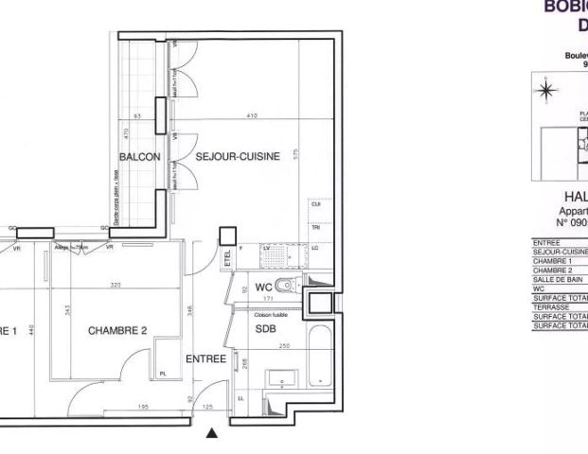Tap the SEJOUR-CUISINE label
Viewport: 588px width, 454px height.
(238, 158)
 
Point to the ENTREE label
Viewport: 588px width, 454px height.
(205, 359)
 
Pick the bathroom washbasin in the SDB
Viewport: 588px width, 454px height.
(282, 380)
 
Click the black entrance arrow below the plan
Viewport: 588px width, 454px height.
(212, 434)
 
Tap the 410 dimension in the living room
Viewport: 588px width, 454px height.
(251, 116)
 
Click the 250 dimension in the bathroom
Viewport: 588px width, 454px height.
(284, 346)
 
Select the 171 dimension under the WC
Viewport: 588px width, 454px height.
(270, 300)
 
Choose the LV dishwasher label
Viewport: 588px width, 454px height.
(267, 247)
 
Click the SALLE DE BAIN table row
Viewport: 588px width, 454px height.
(553, 274)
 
